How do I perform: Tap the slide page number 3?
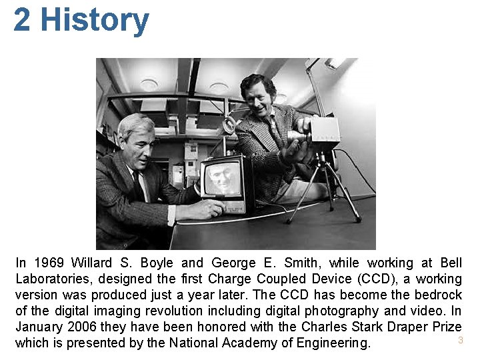tap(460, 340)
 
